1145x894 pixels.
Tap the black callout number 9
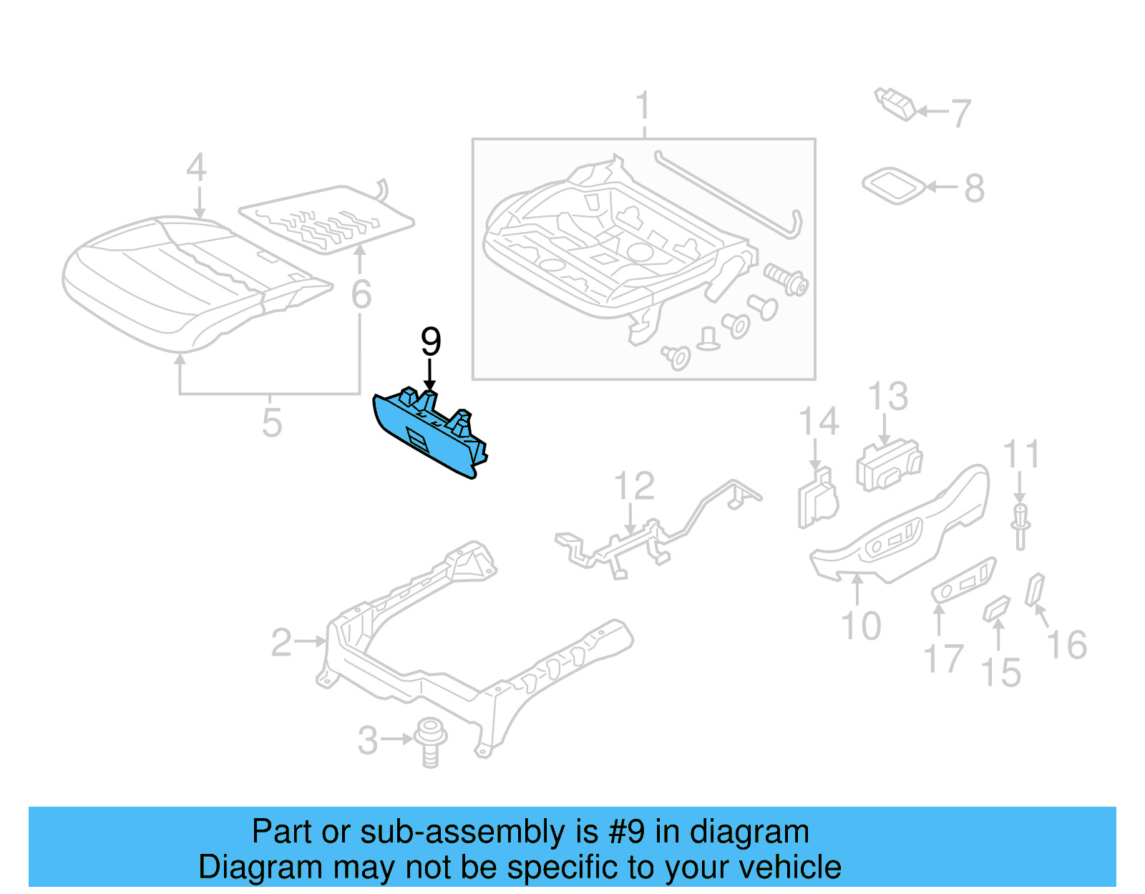click(x=430, y=342)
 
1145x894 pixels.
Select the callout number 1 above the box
click(x=643, y=106)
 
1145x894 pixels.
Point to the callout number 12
click(x=634, y=487)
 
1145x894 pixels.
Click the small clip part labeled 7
click(x=895, y=105)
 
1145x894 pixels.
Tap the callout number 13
click(x=888, y=397)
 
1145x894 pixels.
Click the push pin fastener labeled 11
click(x=1020, y=525)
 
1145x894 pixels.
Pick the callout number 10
click(x=860, y=626)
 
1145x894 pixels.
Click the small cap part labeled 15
click(x=996, y=609)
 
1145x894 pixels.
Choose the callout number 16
click(x=1066, y=645)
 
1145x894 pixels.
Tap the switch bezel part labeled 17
click(x=963, y=580)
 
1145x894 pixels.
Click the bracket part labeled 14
click(x=817, y=497)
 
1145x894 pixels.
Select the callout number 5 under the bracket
click(x=271, y=422)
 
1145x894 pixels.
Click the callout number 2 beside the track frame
click(x=281, y=643)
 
